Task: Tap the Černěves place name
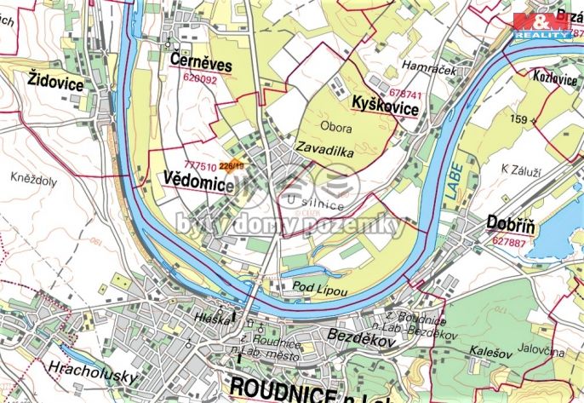[x=201, y=64]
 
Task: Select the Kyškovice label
[x=385, y=108]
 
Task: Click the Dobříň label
[x=511, y=222]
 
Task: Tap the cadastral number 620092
[x=200, y=79]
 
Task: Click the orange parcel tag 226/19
[x=232, y=165]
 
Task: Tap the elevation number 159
[x=519, y=118]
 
